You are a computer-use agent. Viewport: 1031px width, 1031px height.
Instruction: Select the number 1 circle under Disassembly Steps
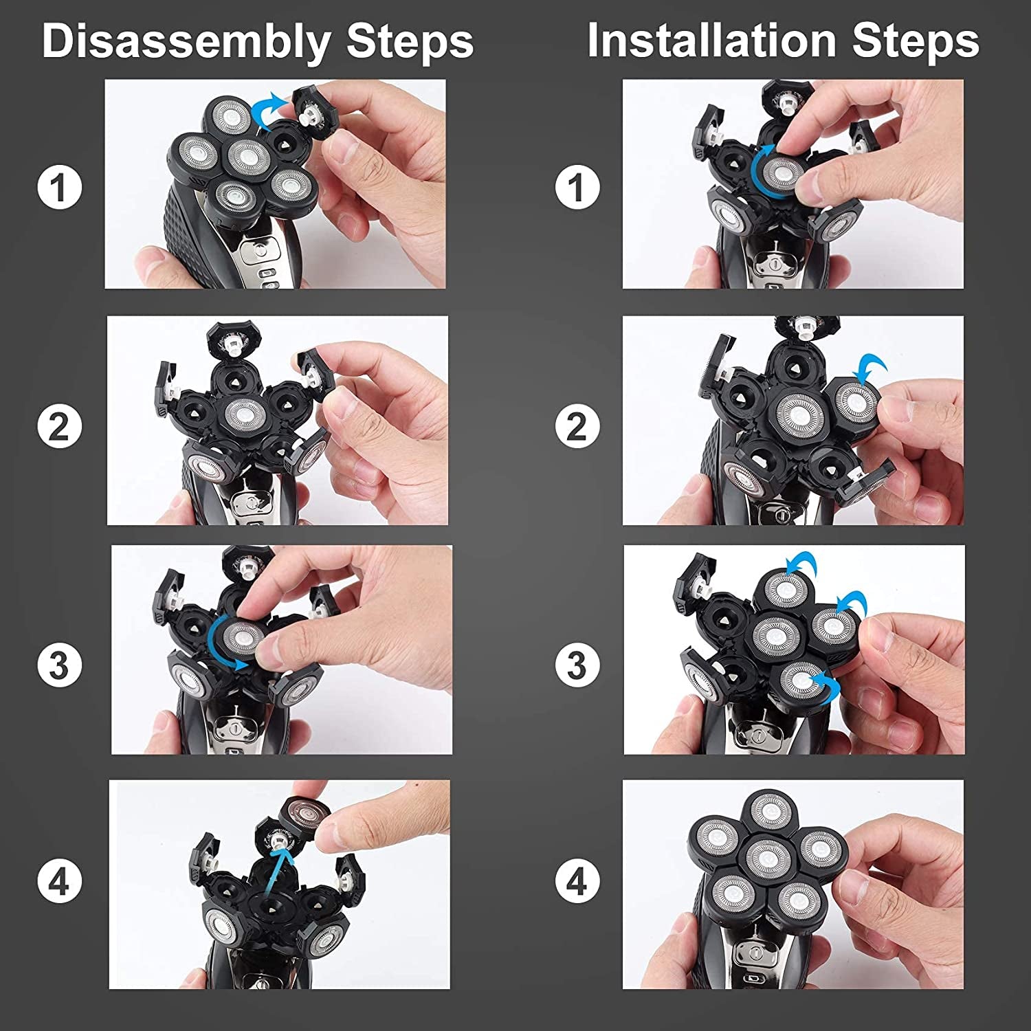tap(60, 187)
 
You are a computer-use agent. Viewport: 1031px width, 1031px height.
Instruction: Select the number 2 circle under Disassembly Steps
tap(60, 426)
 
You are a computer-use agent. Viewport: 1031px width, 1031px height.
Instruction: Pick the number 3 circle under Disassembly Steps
tap(60, 665)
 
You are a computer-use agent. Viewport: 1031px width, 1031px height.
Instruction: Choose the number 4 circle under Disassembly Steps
tap(60, 881)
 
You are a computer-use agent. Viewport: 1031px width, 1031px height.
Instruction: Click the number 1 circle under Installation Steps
tap(577, 187)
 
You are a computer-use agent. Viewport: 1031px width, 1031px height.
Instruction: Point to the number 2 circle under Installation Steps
tap(577, 426)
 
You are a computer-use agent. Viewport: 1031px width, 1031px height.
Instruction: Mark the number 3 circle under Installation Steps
tap(577, 665)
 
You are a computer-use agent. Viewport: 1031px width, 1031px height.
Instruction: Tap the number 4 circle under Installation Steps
tap(577, 881)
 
